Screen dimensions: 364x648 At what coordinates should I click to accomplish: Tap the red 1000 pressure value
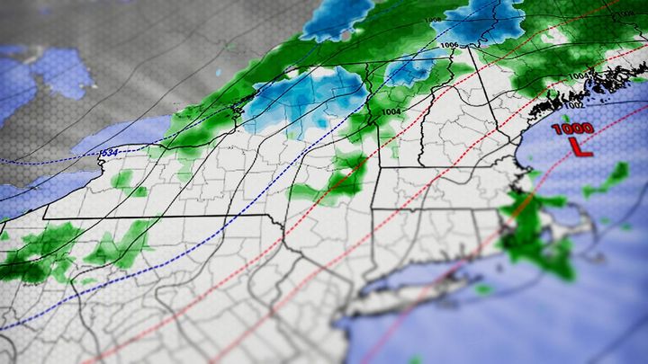(x=572, y=129)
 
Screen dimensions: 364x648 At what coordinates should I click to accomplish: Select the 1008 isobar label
(x=435, y=19)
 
